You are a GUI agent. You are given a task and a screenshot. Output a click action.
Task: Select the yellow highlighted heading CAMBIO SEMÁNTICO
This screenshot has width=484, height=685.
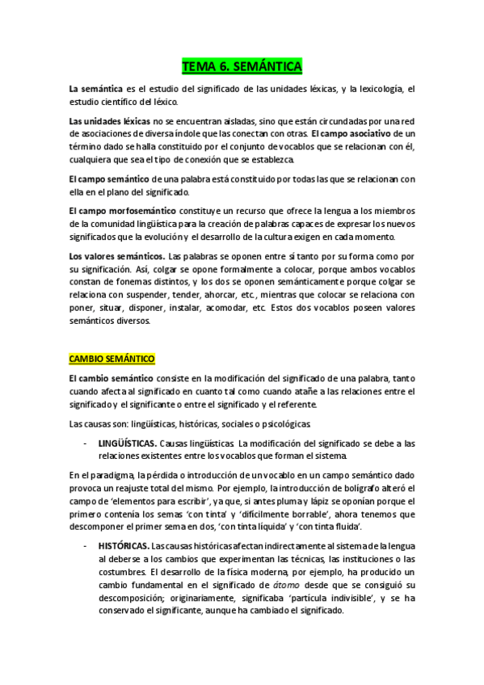(x=112, y=358)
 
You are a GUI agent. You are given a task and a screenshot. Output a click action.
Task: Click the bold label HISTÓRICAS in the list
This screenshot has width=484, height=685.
(x=122, y=547)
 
